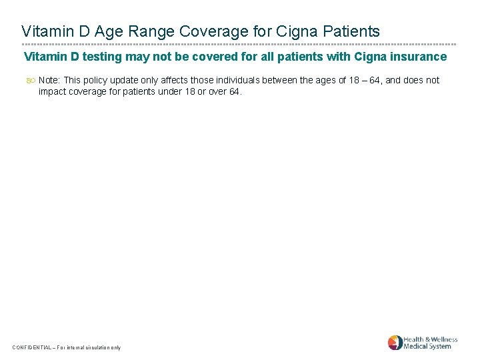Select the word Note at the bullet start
(49, 80)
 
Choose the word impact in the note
(53, 91)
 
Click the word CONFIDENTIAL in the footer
(33, 347)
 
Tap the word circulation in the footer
(95, 347)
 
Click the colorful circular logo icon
(395, 343)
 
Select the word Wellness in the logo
(441, 339)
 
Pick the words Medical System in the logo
(427, 347)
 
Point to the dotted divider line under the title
(239, 45)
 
